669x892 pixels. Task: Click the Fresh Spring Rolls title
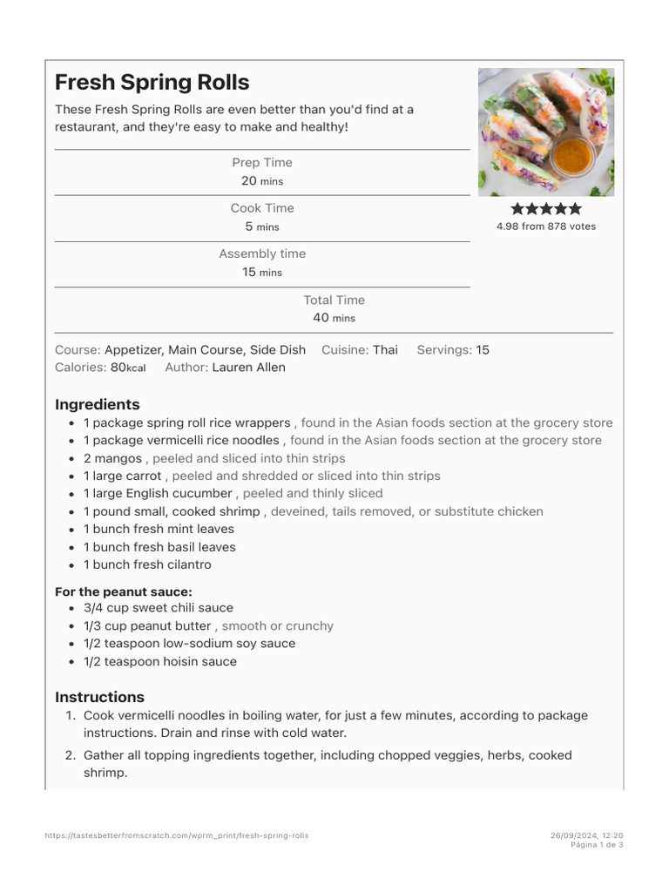point(152,83)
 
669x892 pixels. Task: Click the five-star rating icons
point(546,209)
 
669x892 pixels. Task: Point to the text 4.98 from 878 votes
point(546,226)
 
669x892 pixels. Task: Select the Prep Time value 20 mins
point(261,181)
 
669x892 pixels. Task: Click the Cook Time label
point(262,208)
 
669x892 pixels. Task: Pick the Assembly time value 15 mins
point(261,272)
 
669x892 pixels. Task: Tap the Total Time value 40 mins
point(334,318)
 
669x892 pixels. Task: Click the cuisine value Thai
point(385,350)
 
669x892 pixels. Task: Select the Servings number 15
point(483,350)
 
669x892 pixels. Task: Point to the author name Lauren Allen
point(248,368)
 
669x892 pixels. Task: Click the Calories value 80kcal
point(128,368)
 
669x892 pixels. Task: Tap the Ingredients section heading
point(97,404)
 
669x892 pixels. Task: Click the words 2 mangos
point(112,458)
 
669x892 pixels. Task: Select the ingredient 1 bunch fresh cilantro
point(147,564)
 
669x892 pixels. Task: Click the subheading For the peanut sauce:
point(123,591)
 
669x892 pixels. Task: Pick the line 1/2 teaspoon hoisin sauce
point(159,661)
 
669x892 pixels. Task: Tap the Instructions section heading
point(99,697)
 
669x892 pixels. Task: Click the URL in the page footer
point(177,835)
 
